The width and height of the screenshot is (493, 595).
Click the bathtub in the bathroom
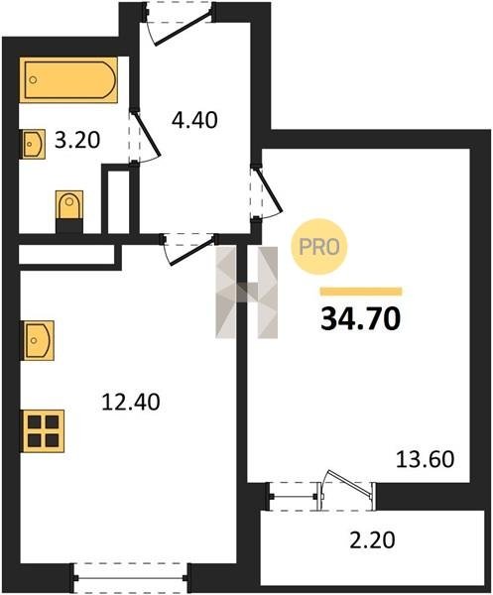coord(68,79)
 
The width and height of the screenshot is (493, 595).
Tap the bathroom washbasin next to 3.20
coord(33,144)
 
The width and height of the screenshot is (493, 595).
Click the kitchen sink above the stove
coord(37,340)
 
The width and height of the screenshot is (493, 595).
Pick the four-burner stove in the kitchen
coord(42,431)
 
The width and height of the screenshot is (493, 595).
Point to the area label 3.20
coord(77,140)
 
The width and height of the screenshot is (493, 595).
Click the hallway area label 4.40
coord(194,120)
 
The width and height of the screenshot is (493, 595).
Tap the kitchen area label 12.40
coord(131,403)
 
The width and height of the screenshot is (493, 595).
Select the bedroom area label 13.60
coord(426,459)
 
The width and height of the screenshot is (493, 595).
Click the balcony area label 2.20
coord(372,540)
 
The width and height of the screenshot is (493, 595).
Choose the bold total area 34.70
coord(360,318)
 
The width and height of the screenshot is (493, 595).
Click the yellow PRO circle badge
coord(319,247)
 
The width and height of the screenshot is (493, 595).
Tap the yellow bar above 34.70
coord(361,292)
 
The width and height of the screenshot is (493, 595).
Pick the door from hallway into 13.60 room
coord(269,189)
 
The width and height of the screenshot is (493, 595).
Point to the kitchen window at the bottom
coord(131,578)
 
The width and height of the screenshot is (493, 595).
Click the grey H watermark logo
coord(246,293)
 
